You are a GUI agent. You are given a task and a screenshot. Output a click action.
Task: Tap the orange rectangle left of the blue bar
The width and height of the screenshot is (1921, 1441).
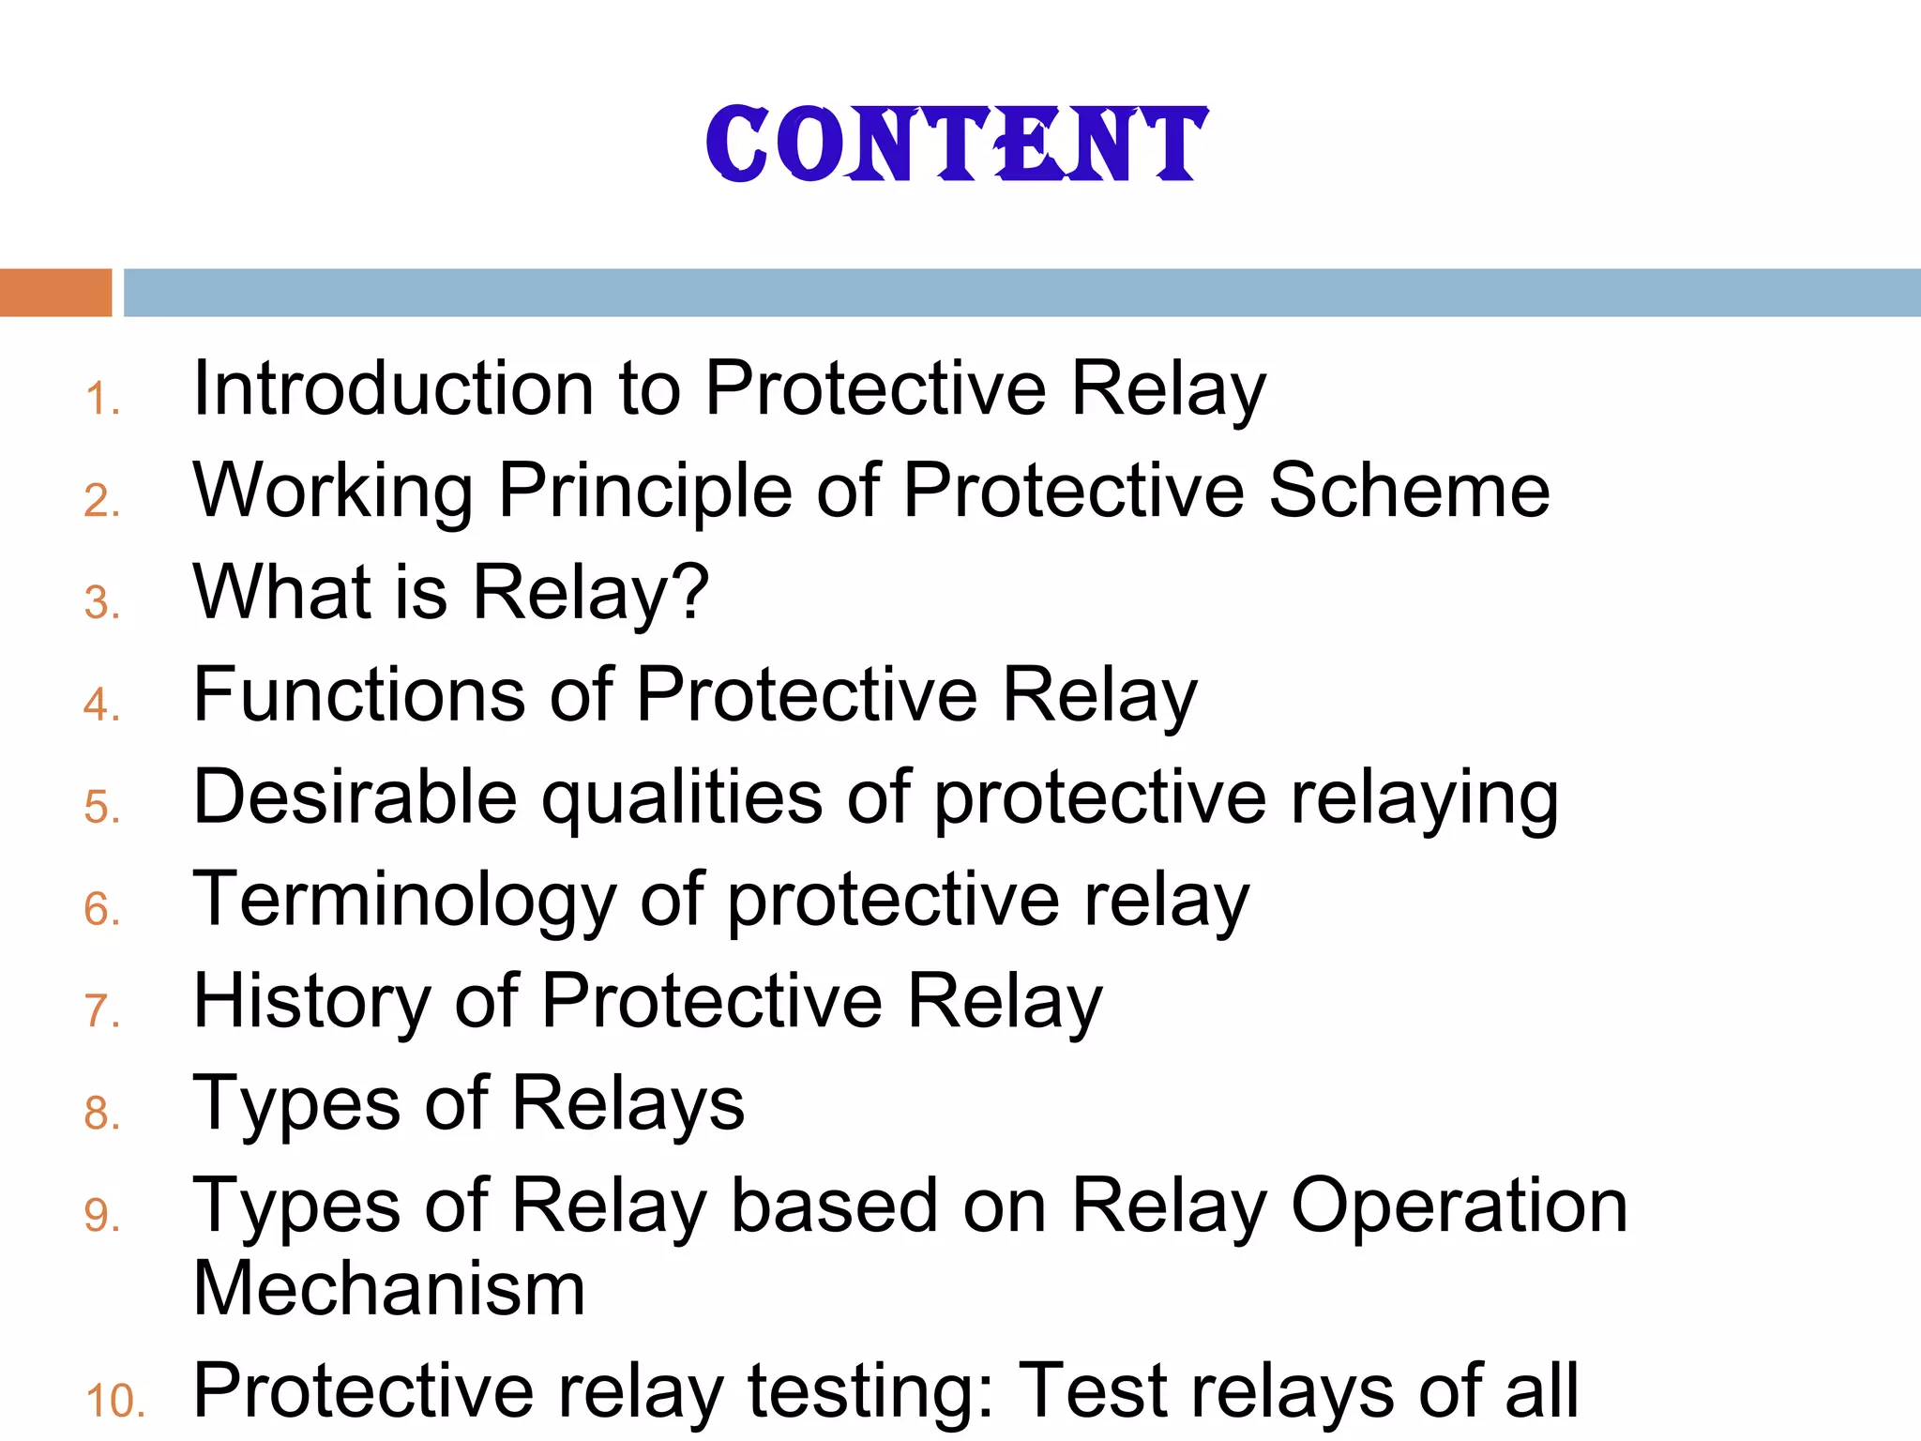55,293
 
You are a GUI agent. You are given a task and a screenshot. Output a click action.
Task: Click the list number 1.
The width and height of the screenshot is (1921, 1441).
100,399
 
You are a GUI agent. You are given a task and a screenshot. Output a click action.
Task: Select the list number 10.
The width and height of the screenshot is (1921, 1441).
114,1401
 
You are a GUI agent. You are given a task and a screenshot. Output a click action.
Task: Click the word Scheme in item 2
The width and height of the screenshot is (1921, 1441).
1409,491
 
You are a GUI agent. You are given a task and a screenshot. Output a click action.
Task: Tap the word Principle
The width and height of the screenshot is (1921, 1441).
645,491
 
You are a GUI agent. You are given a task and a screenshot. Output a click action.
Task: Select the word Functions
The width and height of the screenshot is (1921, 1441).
359,695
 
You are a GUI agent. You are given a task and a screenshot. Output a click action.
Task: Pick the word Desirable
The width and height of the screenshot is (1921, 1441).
355,797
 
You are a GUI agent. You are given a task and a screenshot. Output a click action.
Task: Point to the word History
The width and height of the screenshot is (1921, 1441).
310,1002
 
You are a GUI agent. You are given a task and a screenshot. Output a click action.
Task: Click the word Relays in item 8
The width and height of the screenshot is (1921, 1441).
628,1104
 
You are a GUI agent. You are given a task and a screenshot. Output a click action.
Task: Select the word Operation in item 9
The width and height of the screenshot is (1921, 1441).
1459,1206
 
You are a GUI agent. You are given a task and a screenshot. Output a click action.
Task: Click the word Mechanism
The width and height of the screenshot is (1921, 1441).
389,1289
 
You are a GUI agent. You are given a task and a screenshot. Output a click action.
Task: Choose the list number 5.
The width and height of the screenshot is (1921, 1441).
101,807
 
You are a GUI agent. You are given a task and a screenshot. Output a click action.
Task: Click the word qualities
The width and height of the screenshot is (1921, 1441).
682,797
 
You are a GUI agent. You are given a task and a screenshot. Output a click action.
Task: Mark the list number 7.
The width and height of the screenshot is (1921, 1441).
101,1011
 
